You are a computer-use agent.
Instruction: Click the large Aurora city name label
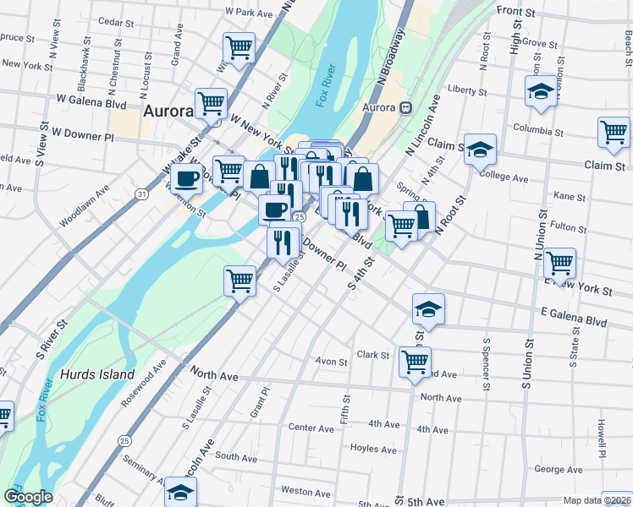[169, 111]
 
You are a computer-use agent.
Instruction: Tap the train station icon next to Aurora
[406, 108]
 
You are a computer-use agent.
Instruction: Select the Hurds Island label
[97, 374]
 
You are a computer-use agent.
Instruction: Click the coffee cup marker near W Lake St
[188, 178]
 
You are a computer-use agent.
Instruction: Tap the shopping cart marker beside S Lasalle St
[240, 279]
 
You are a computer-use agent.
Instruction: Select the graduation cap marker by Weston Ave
[180, 491]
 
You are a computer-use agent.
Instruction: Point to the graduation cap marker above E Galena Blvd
[429, 308]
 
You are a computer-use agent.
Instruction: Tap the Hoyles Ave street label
[373, 450]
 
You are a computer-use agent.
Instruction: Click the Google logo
[28, 497]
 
